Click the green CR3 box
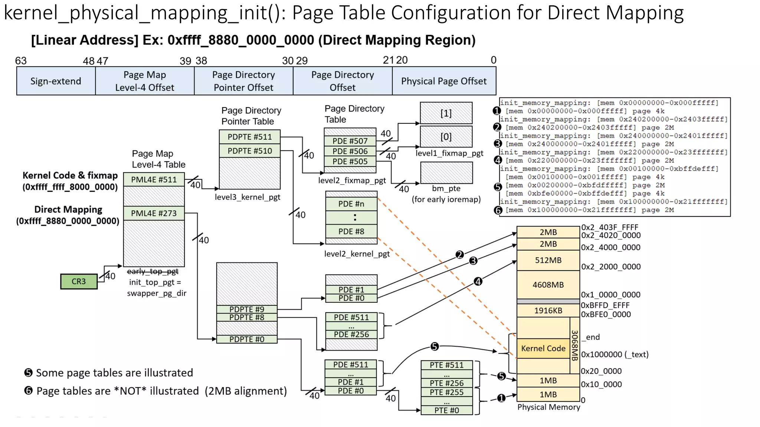click(79, 281)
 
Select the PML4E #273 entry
click(154, 213)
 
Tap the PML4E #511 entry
click(154, 180)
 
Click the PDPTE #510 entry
click(249, 151)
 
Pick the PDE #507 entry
click(350, 141)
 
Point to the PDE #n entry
click(351, 204)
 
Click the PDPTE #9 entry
click(246, 309)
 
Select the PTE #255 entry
click(446, 392)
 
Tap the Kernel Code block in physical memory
click(543, 348)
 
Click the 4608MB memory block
click(548, 285)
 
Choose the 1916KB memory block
click(548, 311)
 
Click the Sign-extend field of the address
click(56, 81)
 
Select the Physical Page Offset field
click(443, 81)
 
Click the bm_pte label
click(446, 188)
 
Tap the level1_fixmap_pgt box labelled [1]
click(446, 113)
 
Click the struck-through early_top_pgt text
click(153, 271)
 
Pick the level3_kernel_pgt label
click(248, 197)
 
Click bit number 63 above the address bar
click(21, 61)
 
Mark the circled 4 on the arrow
click(478, 282)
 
